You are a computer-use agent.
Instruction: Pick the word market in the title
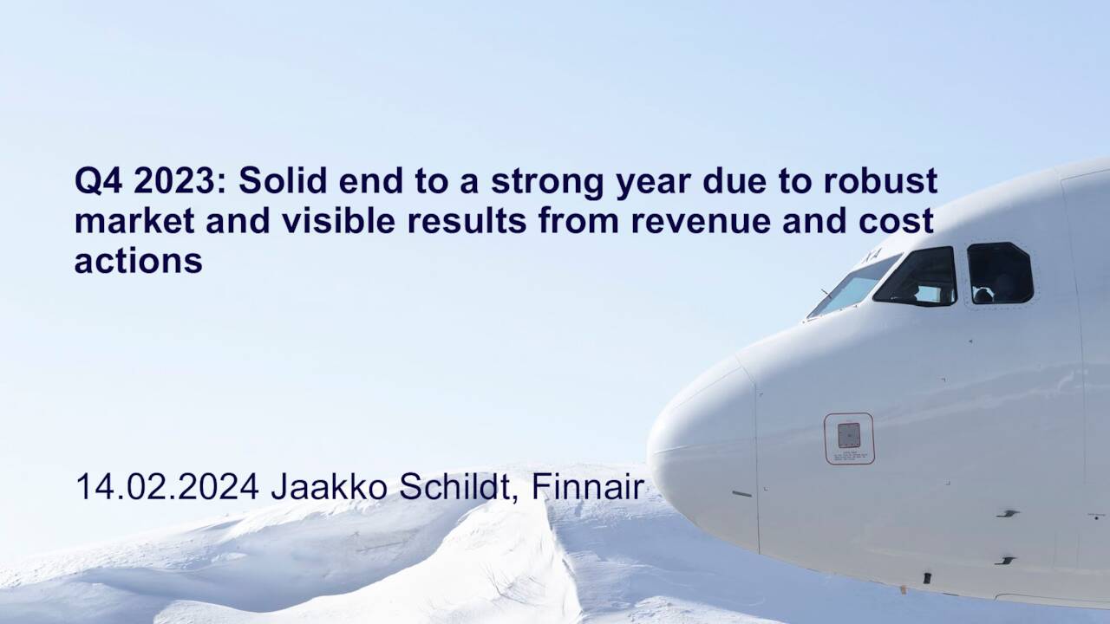tap(129, 221)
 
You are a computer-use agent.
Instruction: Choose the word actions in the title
tap(139, 260)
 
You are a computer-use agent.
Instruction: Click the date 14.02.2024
tap(167, 487)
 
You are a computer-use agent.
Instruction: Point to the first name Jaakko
tap(330, 487)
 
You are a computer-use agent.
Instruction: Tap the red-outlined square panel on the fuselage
tap(849, 438)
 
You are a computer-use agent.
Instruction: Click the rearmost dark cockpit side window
tap(999, 273)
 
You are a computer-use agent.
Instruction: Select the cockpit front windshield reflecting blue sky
tap(852, 287)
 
